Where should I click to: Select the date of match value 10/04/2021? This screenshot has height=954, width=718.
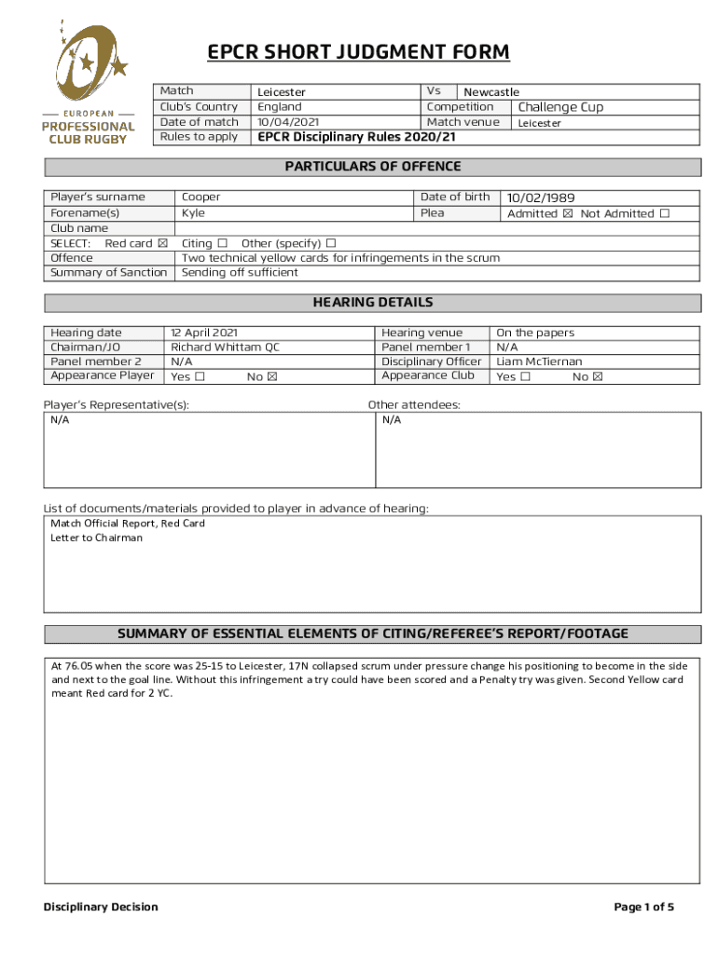pos(289,122)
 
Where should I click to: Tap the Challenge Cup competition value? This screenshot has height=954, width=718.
pos(560,107)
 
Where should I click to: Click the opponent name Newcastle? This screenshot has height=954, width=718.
pos(491,92)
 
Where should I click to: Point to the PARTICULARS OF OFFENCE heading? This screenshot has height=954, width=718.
pos(372,167)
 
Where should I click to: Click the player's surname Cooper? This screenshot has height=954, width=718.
pos(201,198)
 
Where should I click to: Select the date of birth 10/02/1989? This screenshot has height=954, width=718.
pos(541,198)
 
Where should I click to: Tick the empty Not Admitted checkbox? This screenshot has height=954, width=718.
pos(665,213)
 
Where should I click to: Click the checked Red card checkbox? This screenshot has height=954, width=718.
pos(163,243)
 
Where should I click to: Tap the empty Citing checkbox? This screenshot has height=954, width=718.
pos(222,243)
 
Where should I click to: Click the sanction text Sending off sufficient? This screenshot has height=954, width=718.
pos(240,273)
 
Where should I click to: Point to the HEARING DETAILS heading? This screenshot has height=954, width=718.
pos(372,303)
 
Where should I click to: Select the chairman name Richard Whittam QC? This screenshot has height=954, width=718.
pos(225,347)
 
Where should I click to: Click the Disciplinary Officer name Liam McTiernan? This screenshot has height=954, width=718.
pos(539,361)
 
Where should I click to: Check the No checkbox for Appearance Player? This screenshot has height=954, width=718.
pos(272,377)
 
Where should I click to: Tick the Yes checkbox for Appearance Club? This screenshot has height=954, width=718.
pos(526,377)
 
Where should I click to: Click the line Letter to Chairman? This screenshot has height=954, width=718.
pos(97,538)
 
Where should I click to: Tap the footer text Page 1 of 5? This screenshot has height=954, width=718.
pos(643,907)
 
